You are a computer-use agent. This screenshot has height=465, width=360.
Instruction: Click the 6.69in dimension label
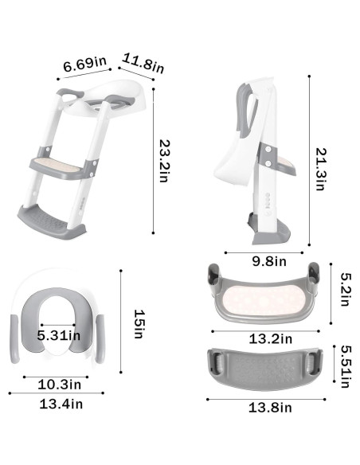(85, 64)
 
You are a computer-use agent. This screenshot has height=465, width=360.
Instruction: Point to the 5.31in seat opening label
(58, 334)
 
